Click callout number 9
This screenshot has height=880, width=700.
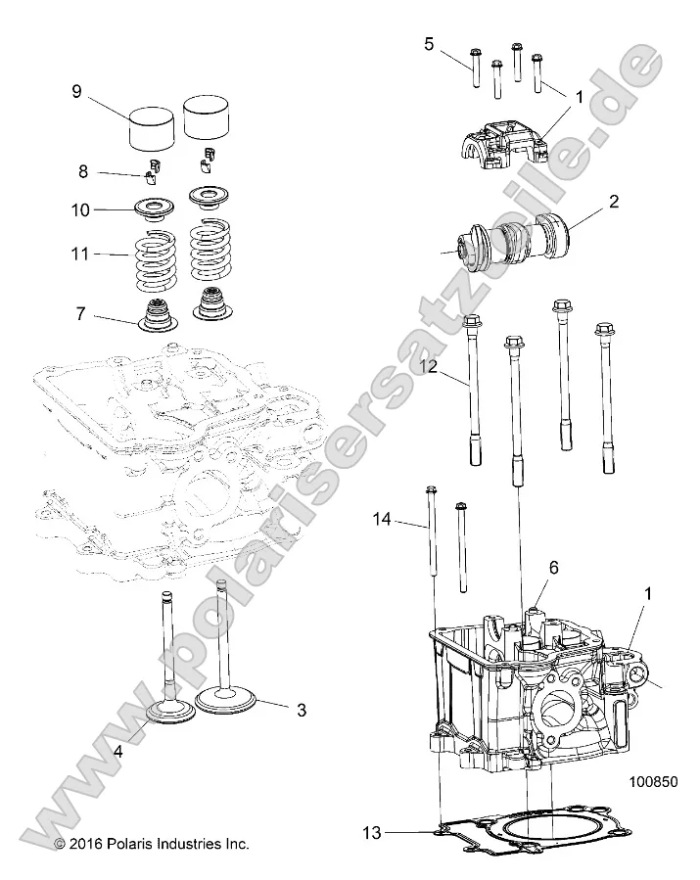click(75, 93)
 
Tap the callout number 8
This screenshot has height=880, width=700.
click(83, 170)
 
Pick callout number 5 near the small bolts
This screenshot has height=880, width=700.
click(429, 43)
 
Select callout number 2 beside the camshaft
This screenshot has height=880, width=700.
click(614, 204)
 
